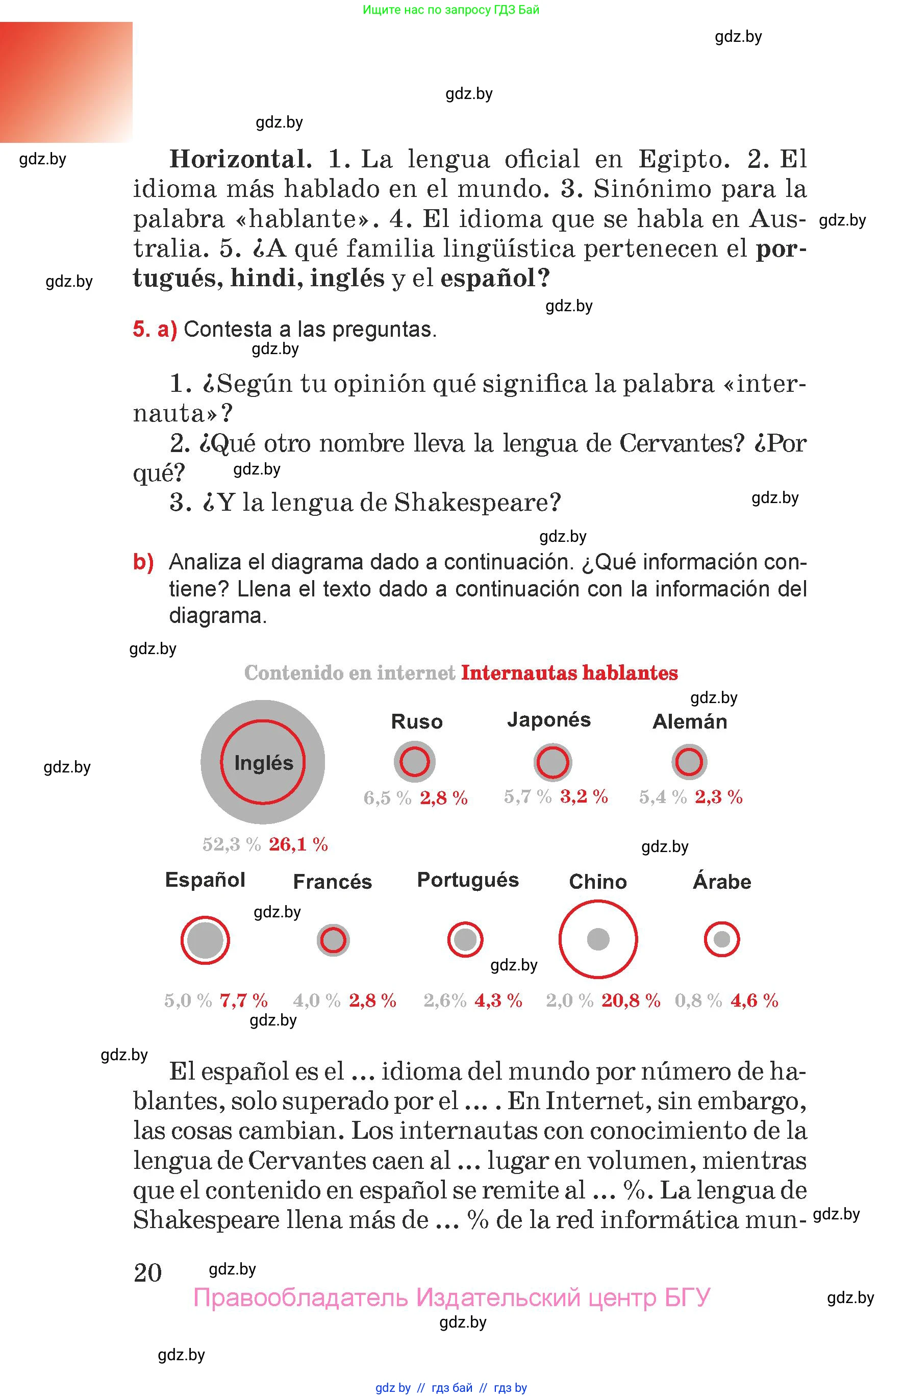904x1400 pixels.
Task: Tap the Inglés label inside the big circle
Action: [x=264, y=763]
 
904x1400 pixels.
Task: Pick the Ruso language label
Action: [x=417, y=721]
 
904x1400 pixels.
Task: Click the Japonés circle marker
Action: [x=553, y=762]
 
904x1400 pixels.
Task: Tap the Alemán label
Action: [x=690, y=721]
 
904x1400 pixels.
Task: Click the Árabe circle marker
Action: [x=721, y=939]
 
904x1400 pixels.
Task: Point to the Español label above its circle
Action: [x=205, y=879]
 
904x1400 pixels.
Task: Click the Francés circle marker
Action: [x=333, y=940]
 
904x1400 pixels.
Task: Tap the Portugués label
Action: [x=468, y=879]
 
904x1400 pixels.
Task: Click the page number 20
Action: [x=148, y=1272]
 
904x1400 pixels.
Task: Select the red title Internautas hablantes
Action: [x=569, y=673]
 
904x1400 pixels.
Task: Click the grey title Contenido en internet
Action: [x=350, y=673]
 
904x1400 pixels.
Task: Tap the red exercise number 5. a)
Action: [x=155, y=329]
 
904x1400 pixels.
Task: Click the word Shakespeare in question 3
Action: [x=476, y=502]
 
